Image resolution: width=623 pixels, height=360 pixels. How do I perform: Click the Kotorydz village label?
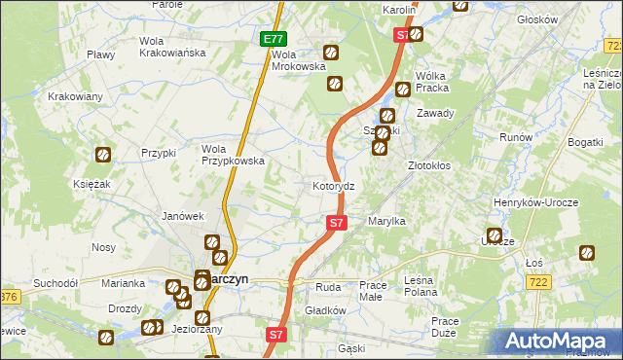tap(339, 185)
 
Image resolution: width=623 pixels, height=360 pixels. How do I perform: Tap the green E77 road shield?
tap(275, 40)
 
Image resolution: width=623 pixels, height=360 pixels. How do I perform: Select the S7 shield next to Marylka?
tap(336, 223)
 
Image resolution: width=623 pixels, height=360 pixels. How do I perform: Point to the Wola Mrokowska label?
tap(297, 60)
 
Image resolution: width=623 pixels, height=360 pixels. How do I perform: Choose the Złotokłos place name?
tap(429, 165)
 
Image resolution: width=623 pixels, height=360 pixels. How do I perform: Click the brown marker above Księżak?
tap(102, 154)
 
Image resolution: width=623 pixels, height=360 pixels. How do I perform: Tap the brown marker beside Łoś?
tap(588, 254)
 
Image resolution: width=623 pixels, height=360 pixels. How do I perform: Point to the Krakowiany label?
tap(76, 96)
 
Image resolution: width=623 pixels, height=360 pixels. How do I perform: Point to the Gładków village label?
tap(326, 310)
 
